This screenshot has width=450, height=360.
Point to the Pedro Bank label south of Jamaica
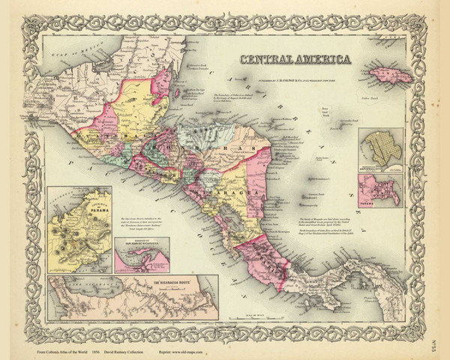(367, 97)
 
